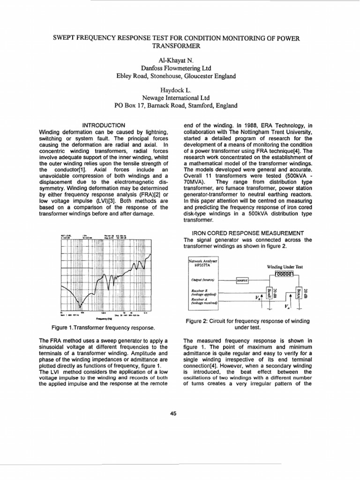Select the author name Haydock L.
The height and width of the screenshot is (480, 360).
[x=180, y=89]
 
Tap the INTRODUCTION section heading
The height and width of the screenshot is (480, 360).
[x=104, y=125]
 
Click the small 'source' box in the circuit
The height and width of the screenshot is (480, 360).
[x=242, y=280]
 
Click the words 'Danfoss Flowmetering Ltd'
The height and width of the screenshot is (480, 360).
[x=180, y=68]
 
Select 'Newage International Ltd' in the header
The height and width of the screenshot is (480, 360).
[x=180, y=97]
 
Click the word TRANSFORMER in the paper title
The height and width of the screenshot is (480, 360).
[x=180, y=45]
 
